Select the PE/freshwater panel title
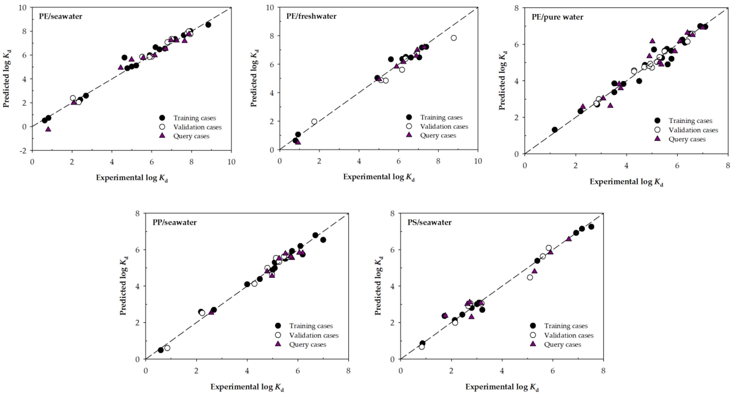point(311,16)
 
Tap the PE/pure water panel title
point(557,17)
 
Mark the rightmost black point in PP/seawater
point(323,240)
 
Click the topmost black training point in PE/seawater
point(208,25)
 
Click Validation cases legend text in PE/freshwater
point(444,126)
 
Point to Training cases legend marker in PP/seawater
point(278,326)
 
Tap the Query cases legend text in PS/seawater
point(562,344)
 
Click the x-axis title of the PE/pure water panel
point(626,182)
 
